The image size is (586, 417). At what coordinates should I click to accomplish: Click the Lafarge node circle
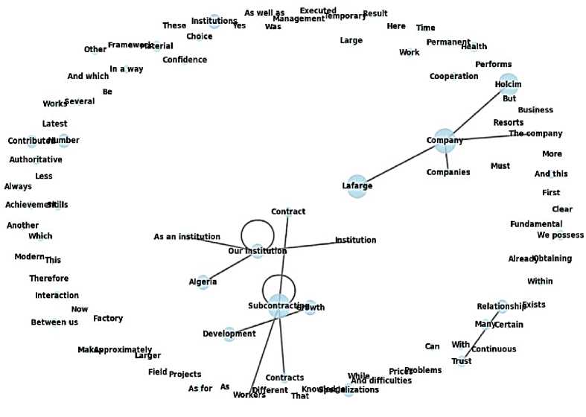357,186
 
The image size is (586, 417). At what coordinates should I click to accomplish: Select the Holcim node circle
509,84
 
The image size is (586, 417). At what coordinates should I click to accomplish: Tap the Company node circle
445,140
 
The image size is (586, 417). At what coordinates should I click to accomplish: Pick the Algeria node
203,281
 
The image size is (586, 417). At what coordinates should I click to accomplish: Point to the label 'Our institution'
257,251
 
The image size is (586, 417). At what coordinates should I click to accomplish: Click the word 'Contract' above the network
288,211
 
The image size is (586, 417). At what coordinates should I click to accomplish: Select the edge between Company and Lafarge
402,163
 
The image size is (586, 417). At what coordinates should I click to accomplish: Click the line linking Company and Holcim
477,112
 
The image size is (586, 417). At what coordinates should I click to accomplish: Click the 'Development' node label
229,334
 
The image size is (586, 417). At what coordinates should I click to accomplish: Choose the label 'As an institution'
187,237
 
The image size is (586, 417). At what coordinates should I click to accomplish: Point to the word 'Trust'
462,361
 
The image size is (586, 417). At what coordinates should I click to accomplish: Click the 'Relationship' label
501,306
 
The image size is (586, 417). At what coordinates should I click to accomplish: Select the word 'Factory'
108,319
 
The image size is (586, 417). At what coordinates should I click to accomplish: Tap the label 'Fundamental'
536,224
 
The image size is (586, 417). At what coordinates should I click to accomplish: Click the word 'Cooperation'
453,76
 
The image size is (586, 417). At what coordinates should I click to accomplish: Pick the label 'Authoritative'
36,159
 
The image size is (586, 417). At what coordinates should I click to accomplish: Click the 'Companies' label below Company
448,172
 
